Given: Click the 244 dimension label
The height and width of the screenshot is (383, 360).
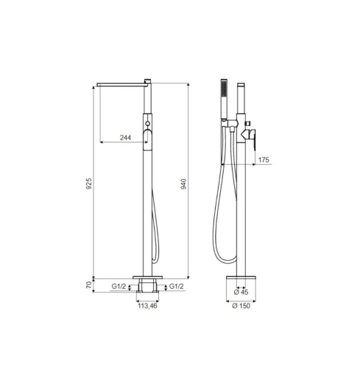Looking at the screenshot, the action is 125,138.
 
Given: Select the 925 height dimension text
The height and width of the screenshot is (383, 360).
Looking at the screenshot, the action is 89,183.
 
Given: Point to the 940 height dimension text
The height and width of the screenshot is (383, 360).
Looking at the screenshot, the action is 183,184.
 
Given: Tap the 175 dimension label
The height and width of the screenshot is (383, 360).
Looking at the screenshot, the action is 264,160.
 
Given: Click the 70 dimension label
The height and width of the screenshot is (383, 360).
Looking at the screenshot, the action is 89,285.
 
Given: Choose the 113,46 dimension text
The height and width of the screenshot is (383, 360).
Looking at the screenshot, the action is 147,306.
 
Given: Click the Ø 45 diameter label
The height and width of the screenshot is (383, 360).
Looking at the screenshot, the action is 241,292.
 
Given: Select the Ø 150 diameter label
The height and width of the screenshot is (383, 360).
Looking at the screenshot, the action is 241,306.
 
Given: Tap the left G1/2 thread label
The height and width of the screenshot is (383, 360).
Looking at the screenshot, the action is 119,287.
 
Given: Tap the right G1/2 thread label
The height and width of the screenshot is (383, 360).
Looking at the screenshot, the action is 177,287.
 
